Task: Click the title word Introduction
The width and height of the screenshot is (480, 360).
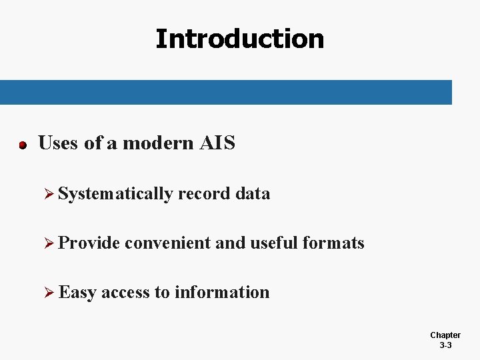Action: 239,39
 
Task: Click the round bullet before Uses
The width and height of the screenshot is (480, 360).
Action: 22,145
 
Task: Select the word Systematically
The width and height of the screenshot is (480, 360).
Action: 116,194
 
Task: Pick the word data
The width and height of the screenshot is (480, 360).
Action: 253,194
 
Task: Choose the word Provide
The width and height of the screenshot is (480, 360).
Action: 89,243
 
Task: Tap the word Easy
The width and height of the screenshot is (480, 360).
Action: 77,293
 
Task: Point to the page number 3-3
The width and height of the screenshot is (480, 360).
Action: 445,345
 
